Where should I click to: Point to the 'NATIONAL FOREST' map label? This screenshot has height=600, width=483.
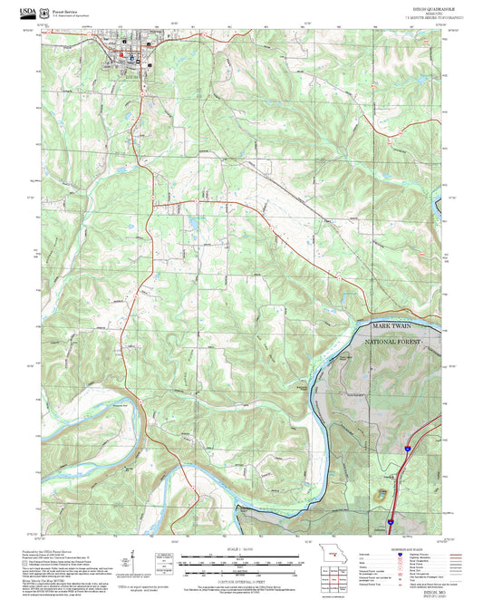pyautogui.click(x=399, y=344)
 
